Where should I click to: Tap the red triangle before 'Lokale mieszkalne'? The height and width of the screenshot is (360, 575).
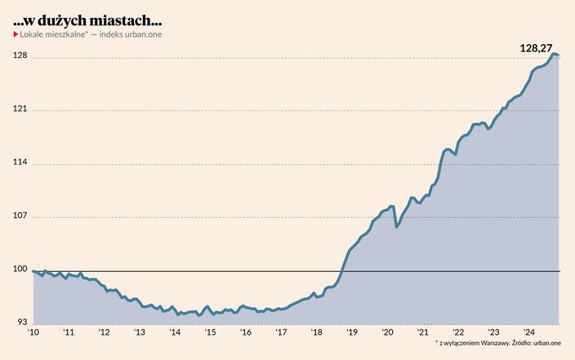tap(16, 34)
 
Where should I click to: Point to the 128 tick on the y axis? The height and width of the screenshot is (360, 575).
tap(20, 56)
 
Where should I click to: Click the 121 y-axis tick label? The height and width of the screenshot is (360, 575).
tap(20, 109)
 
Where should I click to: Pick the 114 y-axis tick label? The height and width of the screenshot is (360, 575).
tap(20, 162)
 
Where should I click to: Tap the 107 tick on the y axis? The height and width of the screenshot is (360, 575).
tap(20, 216)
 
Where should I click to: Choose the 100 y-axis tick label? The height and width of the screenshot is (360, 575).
tap(20, 269)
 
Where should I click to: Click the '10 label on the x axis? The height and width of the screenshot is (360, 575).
tap(33, 332)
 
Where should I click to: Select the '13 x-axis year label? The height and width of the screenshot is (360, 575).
tap(140, 332)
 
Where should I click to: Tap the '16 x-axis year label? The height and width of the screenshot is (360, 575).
tap(246, 332)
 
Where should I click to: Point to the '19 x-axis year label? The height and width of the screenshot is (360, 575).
tap(352, 332)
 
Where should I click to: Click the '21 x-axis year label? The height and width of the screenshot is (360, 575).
tap(422, 332)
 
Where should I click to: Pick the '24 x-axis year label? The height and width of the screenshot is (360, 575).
tap(528, 332)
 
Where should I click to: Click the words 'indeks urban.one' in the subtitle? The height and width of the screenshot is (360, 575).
tap(131, 34)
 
